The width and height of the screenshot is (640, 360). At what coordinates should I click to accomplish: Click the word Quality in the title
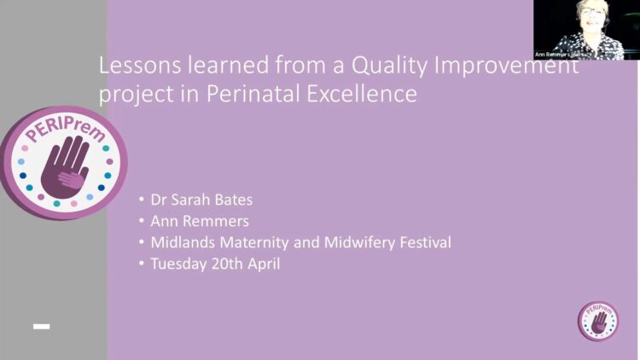[389, 67]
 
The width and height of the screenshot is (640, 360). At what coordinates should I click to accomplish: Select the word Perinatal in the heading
[253, 94]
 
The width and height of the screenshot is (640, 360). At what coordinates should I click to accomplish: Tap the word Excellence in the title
[362, 94]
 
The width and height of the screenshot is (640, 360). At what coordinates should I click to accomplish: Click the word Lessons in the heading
[140, 65]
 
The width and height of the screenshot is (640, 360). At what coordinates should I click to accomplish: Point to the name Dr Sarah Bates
[201, 200]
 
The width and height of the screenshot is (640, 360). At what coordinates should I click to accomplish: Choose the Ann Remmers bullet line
[200, 221]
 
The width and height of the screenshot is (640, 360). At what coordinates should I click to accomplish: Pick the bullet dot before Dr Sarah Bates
[142, 200]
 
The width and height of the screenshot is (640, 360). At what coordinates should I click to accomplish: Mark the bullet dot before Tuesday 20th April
[142, 264]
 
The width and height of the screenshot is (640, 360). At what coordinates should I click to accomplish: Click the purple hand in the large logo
[66, 167]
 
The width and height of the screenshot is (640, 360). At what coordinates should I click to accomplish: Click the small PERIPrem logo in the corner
[598, 321]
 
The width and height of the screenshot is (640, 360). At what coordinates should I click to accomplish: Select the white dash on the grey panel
[41, 326]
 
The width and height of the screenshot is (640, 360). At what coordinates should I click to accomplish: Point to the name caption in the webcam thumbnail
[559, 55]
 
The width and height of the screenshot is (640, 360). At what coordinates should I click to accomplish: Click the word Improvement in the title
[506, 67]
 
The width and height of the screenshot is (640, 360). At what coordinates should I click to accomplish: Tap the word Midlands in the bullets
[183, 242]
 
